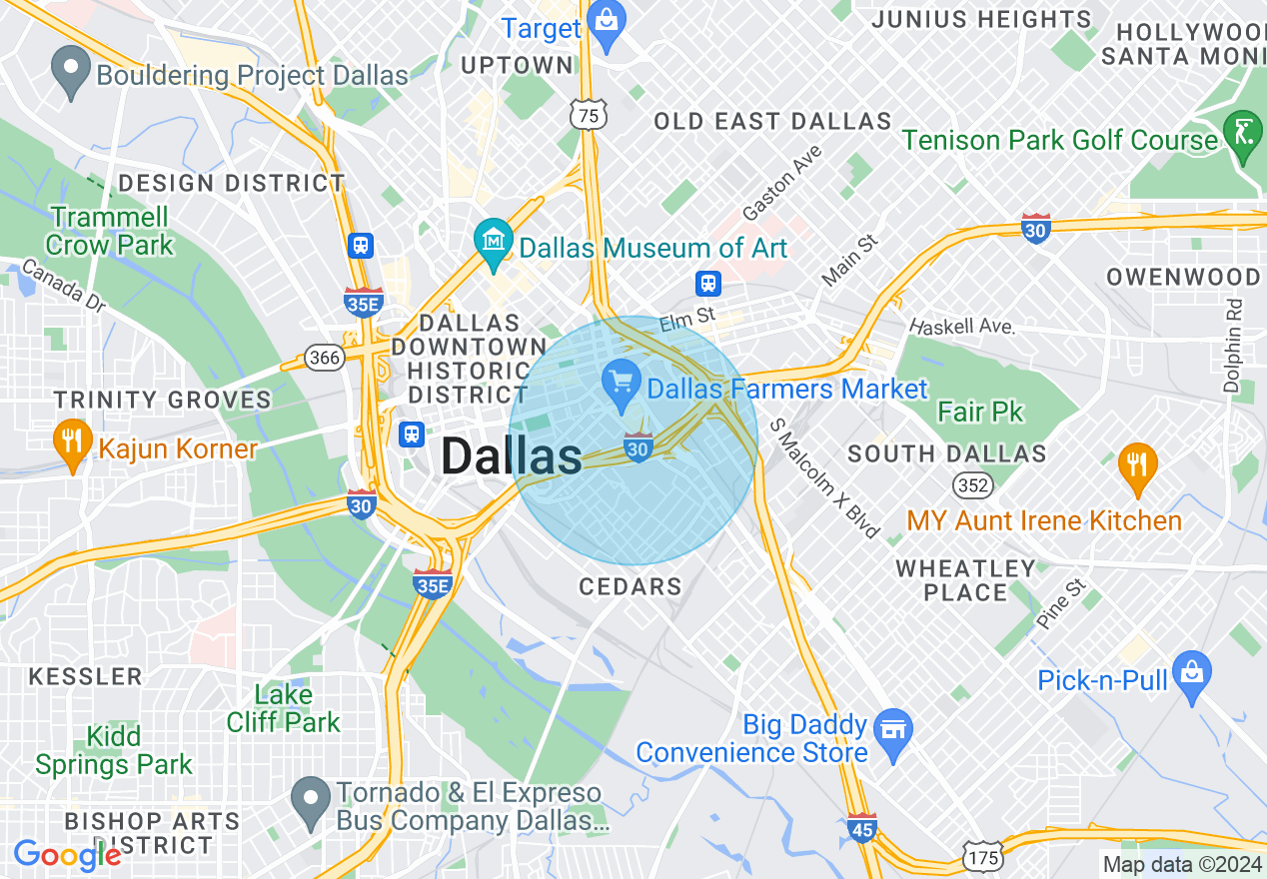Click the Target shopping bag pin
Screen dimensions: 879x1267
pos(606,19)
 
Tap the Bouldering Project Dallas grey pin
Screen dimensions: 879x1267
pos(70,71)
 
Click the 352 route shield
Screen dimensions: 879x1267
pos(972,484)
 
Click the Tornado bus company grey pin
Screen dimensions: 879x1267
pos(311,800)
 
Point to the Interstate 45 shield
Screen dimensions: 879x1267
pos(861,828)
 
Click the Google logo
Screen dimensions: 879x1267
pos(67,855)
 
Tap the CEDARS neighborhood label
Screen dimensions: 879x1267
pos(631,586)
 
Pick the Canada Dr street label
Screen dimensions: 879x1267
pos(62,285)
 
